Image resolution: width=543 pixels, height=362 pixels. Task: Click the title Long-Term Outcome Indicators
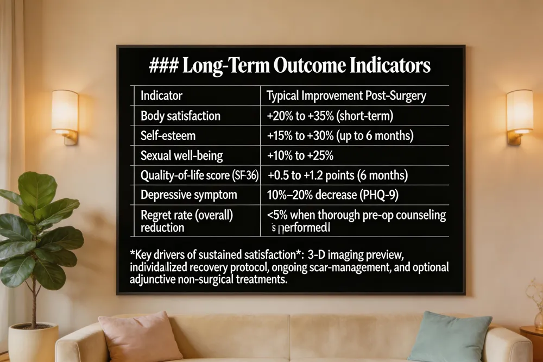coord(290,65)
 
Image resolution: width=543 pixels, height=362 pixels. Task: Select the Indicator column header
coord(161,96)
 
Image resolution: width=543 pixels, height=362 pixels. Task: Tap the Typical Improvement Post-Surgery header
coord(346,96)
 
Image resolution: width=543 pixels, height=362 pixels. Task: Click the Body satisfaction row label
coord(180,115)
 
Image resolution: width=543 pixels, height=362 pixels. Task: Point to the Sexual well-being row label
coord(182,155)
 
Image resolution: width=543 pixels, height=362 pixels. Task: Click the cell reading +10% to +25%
coord(300,155)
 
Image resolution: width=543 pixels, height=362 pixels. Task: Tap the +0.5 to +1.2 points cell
coord(337,176)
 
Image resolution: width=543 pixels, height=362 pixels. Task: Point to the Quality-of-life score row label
coord(199,176)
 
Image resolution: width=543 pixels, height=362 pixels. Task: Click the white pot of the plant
coord(33,342)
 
